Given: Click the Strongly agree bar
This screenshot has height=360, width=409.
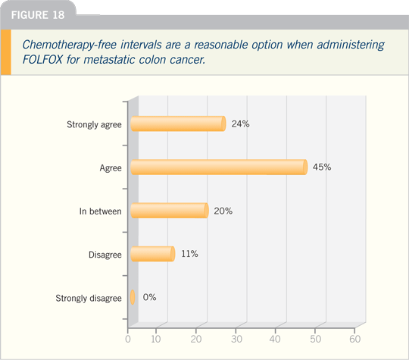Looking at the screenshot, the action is [178, 124].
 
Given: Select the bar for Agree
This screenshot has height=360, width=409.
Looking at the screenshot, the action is [219, 167].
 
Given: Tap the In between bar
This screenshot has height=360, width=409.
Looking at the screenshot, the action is [170, 211].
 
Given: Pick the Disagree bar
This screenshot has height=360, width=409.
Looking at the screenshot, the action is [152, 254].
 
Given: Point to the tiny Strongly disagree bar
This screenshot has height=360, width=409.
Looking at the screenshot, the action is [133, 297].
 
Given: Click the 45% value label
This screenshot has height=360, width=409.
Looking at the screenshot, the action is [322, 167].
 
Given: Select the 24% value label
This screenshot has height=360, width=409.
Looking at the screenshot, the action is [241, 124].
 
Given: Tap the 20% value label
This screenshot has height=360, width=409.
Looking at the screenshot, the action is [223, 211].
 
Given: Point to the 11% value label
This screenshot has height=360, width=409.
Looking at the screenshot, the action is [189, 254].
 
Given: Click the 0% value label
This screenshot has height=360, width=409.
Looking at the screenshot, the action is [149, 297].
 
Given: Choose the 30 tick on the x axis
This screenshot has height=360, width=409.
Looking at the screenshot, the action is [236, 339].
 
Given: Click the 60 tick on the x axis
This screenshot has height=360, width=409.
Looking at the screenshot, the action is [355, 339].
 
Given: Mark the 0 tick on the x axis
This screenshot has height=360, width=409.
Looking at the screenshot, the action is [128, 339].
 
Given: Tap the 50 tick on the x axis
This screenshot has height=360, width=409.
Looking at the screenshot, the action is [315, 339].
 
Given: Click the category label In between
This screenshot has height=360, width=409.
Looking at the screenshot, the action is [101, 211].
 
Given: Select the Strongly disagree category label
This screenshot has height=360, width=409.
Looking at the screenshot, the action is [89, 298].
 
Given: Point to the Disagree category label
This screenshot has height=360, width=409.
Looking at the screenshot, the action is [105, 255].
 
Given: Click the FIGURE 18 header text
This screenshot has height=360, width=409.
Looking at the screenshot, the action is [38, 15].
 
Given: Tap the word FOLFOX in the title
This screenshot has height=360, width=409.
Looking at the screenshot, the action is [42, 60].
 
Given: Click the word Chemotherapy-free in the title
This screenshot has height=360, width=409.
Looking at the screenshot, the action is [70, 45].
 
